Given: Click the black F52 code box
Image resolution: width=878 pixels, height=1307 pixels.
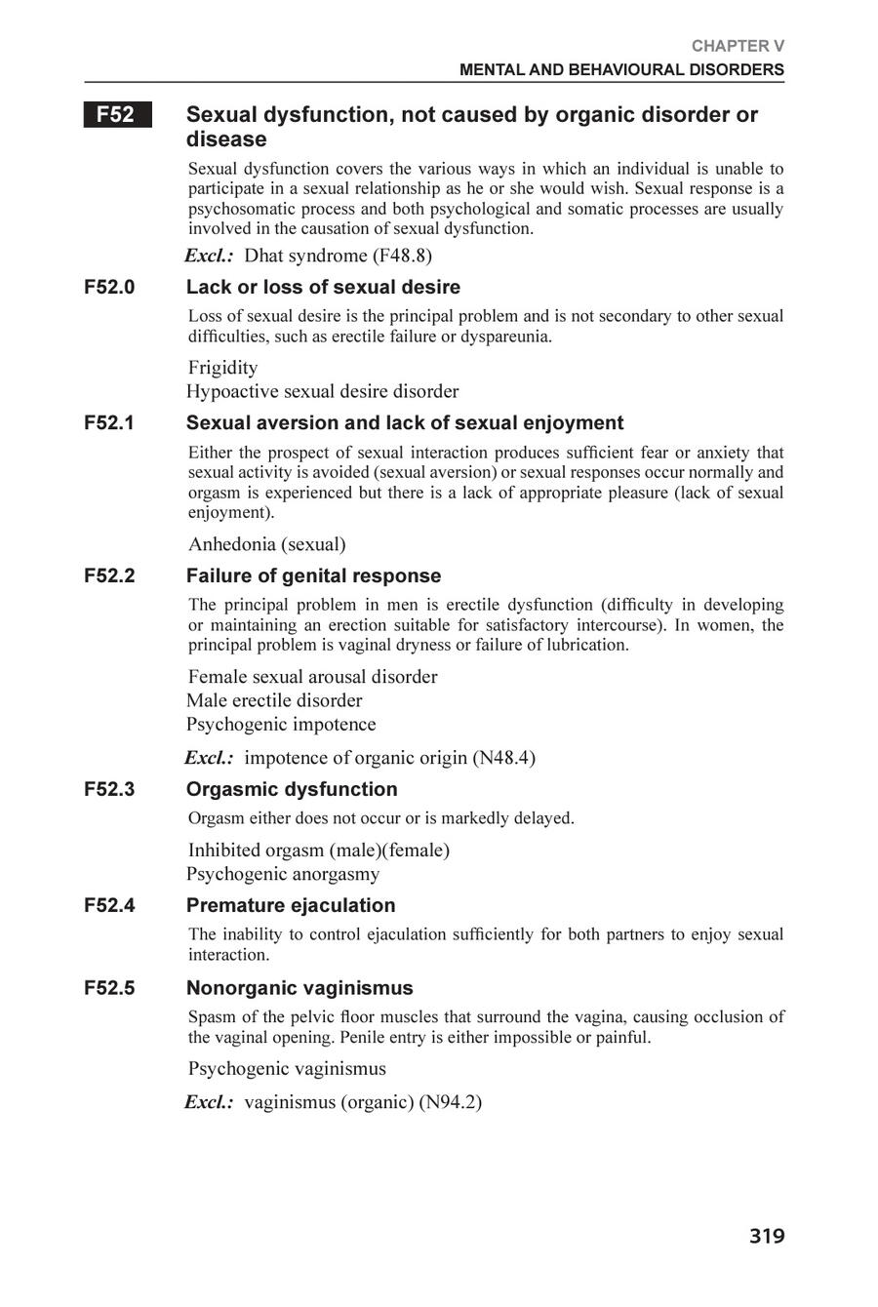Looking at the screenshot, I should click(117, 115).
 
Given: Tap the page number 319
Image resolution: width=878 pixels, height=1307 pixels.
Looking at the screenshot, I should click(767, 1237).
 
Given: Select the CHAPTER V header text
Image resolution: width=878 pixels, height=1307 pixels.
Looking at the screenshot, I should click(738, 46).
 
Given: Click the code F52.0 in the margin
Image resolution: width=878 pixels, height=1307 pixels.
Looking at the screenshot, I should click(109, 288).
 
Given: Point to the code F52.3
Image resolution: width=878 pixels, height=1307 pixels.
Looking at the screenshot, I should click(109, 789).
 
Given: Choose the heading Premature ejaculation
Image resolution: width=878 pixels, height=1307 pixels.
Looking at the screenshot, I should click(291, 905).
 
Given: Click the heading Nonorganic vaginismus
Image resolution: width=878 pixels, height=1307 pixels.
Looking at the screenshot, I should click(299, 988).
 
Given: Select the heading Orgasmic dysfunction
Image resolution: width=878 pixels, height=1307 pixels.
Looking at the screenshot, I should click(292, 789).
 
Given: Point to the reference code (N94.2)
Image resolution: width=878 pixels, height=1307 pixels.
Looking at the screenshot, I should click(450, 1102).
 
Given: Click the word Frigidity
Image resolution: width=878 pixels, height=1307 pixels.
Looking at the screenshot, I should click(223, 368).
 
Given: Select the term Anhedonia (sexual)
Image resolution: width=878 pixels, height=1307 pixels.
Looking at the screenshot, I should click(266, 544).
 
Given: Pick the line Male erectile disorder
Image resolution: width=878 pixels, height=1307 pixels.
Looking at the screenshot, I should click(274, 700).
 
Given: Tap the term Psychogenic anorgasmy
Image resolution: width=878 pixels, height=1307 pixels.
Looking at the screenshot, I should click(283, 874).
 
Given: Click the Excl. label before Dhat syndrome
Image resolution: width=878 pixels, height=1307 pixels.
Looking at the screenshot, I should click(209, 257).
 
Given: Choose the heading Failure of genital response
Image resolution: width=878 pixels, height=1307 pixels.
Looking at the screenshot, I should click(313, 575).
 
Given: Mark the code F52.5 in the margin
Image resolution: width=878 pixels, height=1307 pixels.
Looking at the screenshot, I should click(109, 988).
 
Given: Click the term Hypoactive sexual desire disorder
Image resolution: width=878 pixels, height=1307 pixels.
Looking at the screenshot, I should click(322, 392).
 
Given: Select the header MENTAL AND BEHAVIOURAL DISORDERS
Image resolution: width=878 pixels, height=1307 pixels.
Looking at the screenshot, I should click(621, 70).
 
